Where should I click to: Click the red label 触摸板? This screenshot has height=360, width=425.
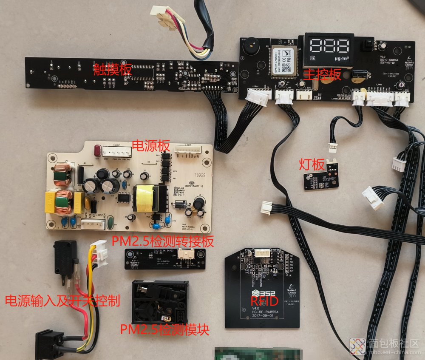[x=113, y=69]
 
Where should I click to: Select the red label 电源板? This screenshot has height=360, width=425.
[x=152, y=145]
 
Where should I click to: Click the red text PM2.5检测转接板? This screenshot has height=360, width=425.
[x=163, y=241]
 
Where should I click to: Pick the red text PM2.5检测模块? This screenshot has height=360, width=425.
[x=165, y=329]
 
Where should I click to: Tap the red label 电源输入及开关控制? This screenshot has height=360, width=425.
[x=62, y=301]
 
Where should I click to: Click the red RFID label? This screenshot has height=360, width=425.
[x=265, y=301]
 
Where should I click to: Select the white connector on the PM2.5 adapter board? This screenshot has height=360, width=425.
[x=186, y=254]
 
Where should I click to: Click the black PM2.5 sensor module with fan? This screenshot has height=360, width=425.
[x=160, y=302]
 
